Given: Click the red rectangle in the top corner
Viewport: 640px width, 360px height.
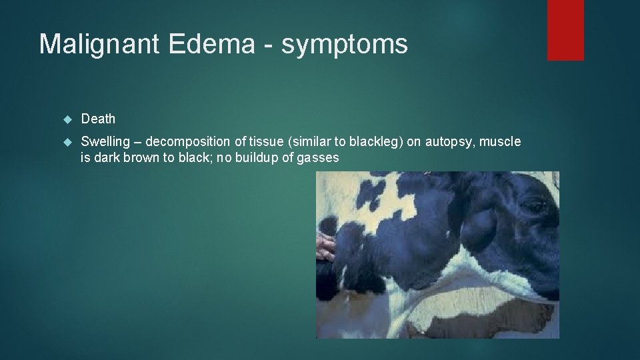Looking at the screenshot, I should [x=565, y=30].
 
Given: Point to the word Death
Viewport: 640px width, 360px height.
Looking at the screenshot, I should [x=98, y=119].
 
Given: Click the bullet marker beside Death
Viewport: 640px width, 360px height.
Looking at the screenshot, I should [x=66, y=119].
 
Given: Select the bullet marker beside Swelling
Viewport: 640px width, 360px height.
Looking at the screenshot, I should [x=66, y=142].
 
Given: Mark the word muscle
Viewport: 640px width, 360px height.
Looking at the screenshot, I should [x=501, y=142].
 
